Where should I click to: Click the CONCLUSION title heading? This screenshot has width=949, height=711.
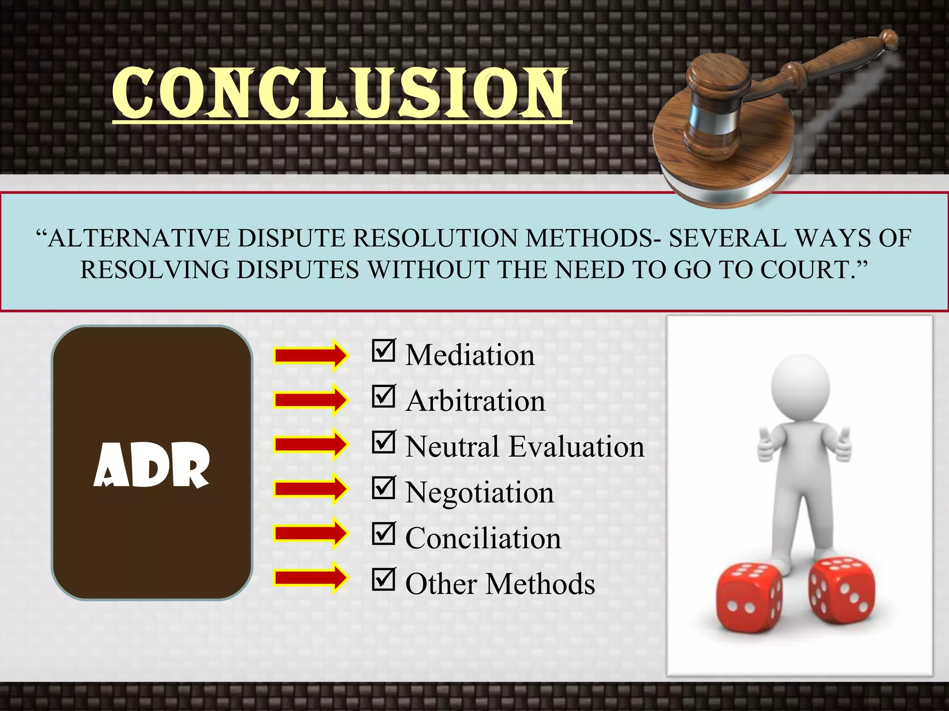pos(341,93)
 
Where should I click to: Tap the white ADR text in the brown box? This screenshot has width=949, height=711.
pos(152,465)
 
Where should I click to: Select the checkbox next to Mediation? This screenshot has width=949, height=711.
pos(383,351)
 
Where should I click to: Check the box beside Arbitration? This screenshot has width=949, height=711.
pos(383,397)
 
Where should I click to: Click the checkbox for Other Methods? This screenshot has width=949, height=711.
pos(383,580)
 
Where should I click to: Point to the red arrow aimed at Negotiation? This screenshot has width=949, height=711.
pos(310,488)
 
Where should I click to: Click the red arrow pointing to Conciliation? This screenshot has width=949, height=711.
pos(310,533)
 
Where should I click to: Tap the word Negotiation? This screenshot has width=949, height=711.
pos(480,493)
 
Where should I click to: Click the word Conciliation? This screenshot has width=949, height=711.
pos(483,538)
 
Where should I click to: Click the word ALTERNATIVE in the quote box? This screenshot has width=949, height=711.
pos(139,238)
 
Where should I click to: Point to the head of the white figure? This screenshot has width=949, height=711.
pos(800,387)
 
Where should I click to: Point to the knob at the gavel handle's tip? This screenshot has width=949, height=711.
pos(889,39)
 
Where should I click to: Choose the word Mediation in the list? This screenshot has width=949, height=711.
pos(470,355)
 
